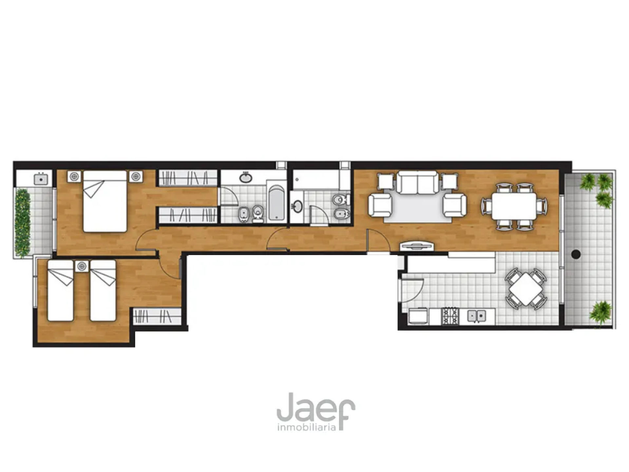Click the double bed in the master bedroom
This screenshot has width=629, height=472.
[x=105, y=201]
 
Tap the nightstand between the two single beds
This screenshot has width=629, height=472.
[x=82, y=266]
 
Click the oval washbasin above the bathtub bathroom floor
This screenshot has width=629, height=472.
[x=246, y=178]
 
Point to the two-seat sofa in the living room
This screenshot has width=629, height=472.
[x=417, y=182]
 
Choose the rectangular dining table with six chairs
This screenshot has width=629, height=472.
[x=514, y=206]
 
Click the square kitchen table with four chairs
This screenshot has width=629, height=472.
[x=525, y=288]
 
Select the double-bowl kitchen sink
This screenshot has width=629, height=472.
[x=476, y=316]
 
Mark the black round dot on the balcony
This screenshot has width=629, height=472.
[x=576, y=254]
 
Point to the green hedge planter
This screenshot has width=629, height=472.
[x=23, y=223]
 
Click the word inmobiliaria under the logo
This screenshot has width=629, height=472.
[x=306, y=427]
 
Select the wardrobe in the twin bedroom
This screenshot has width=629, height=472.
[x=157, y=316]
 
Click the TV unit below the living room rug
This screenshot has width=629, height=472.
[x=417, y=246]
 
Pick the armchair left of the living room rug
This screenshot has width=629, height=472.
[x=380, y=205]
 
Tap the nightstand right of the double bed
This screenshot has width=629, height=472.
[x=136, y=177]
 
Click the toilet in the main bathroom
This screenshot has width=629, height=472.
[x=258, y=213]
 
